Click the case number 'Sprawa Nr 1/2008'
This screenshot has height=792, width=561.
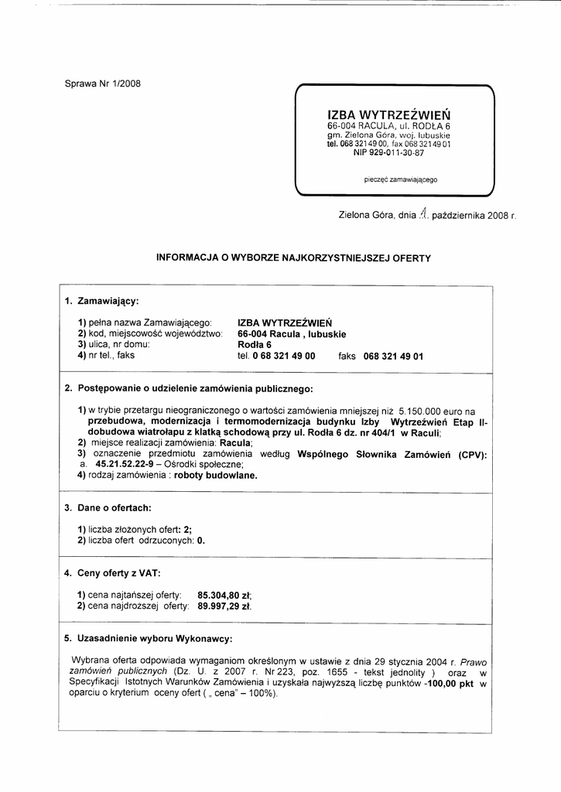pyautogui.click(x=102, y=84)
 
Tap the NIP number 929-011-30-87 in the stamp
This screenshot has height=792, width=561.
pyautogui.click(x=388, y=153)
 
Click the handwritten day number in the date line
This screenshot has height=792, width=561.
pyautogui.click(x=422, y=217)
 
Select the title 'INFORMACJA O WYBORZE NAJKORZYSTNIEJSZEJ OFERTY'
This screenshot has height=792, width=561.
pyautogui.click(x=293, y=257)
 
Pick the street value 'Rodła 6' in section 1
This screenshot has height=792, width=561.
pyautogui.click(x=255, y=345)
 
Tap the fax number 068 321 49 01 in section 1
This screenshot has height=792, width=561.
pyautogui.click(x=393, y=357)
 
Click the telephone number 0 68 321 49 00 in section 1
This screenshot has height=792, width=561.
pyautogui.click(x=277, y=357)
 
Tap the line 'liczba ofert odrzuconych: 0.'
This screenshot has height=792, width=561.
pyautogui.click(x=142, y=541)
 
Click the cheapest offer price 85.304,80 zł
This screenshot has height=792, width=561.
pyautogui.click(x=225, y=595)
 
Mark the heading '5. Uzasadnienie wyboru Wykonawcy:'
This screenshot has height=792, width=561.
pyautogui.click(x=148, y=639)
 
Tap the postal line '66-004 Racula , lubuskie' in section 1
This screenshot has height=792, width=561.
pyautogui.click(x=292, y=334)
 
